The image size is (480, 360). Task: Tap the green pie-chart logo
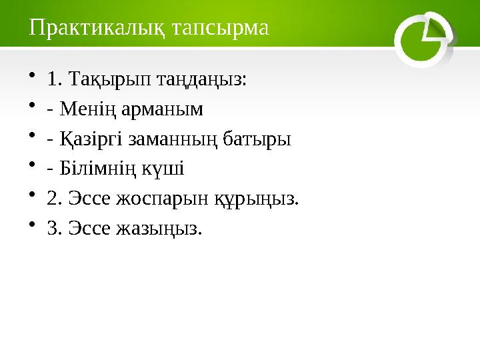click(x=423, y=39)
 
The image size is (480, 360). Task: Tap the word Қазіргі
click(x=91, y=140)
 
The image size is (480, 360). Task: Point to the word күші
click(x=163, y=169)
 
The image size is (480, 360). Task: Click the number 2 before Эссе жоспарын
click(x=53, y=199)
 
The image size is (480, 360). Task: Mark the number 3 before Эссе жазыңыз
click(x=53, y=228)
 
